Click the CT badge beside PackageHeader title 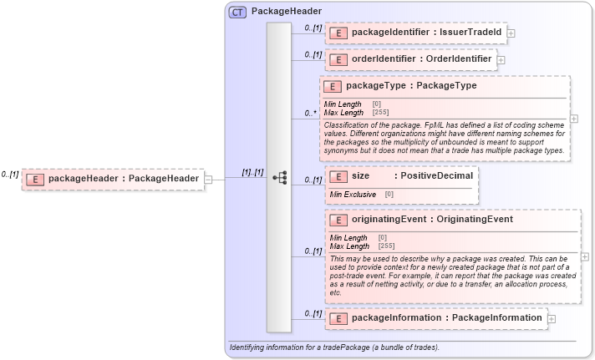pyautogui.click(x=237, y=13)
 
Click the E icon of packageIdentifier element pyautogui.click(x=338, y=33)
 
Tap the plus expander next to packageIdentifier pyautogui.click(x=511, y=33)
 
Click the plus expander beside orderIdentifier pyautogui.click(x=501, y=60)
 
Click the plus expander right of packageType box pyautogui.click(x=574, y=119)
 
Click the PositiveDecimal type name pyautogui.click(x=436, y=176)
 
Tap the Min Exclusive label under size pyautogui.click(x=353, y=195)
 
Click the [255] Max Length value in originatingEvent pyautogui.click(x=386, y=246)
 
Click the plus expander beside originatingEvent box pyautogui.click(x=584, y=256)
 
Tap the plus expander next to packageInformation pyautogui.click(x=552, y=319)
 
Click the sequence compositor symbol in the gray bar pyautogui.click(x=279, y=178)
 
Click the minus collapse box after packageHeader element pyautogui.click(x=208, y=178)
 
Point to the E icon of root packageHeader pyautogui.click(x=35, y=178)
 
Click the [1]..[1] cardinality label pyautogui.click(x=252, y=172)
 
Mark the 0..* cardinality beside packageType pyautogui.click(x=310, y=113)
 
